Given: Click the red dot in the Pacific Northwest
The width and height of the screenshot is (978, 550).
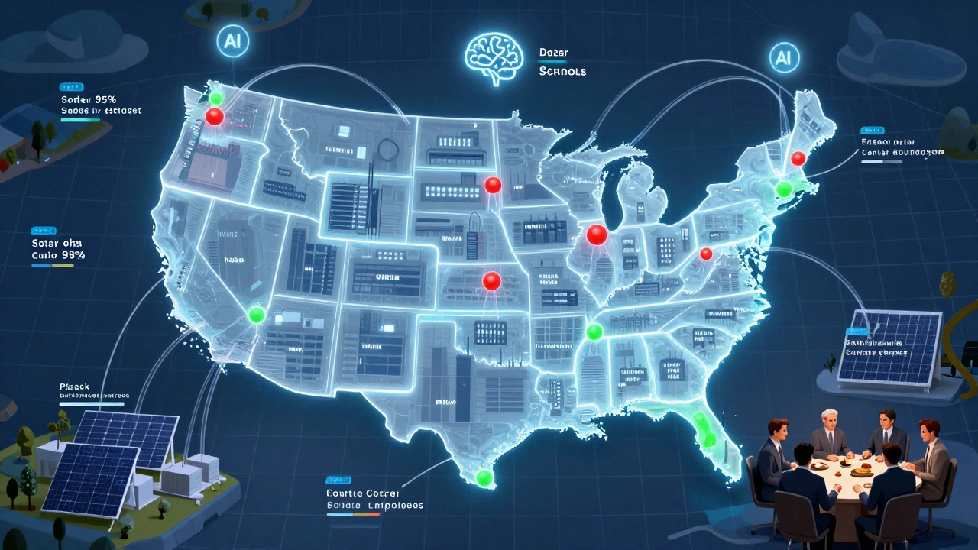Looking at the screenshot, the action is pyautogui.click(x=215, y=116).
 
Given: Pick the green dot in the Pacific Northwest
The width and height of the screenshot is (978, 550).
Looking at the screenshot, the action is pyautogui.click(x=216, y=99).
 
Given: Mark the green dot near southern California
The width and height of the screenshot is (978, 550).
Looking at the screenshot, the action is pyautogui.click(x=257, y=314).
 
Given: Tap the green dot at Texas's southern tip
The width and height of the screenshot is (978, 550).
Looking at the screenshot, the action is pyautogui.click(x=484, y=478).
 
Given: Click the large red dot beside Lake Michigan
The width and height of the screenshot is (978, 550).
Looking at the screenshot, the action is pyautogui.click(x=596, y=235).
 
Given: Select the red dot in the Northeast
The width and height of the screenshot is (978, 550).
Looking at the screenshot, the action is pyautogui.click(x=798, y=158).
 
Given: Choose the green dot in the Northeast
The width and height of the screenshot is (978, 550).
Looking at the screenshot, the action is pyautogui.click(x=783, y=188).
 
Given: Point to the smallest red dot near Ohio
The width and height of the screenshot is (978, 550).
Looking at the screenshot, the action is pyautogui.click(x=706, y=254).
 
